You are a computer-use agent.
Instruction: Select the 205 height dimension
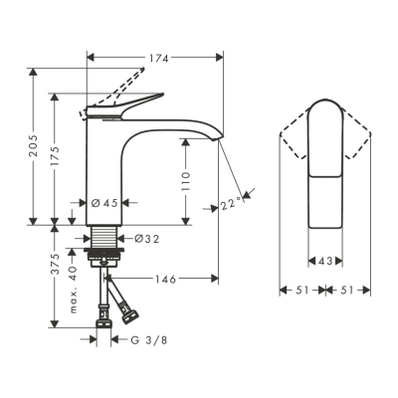click(33, 147)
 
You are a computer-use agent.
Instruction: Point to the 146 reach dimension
click(163, 280)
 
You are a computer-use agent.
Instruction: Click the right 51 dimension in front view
click(349, 291)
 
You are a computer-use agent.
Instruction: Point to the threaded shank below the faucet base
click(102, 240)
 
